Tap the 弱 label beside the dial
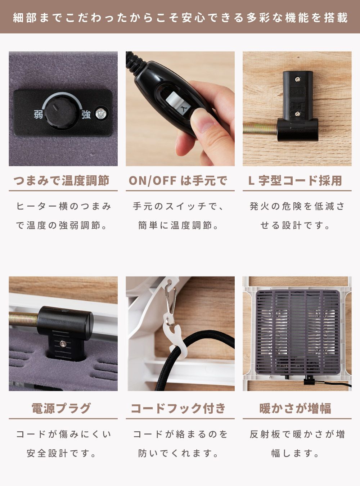click(x=39, y=114)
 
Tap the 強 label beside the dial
click(x=86, y=114)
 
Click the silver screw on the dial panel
click(x=102, y=113)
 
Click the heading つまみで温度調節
click(x=61, y=181)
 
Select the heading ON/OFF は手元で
click(x=178, y=181)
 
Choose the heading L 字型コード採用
click(x=295, y=181)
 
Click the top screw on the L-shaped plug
click(x=297, y=79)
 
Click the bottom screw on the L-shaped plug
click(x=297, y=113)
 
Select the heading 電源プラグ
click(x=61, y=408)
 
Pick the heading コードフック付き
click(x=178, y=408)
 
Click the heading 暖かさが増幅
click(x=295, y=408)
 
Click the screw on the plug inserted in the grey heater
click(x=63, y=343)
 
